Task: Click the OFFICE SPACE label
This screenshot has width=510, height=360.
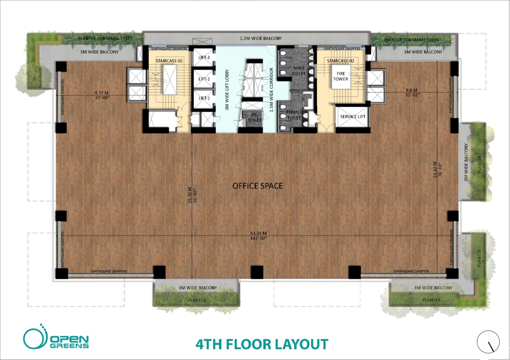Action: pyautogui.click(x=258, y=186)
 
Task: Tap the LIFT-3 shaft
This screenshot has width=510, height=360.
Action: pyautogui.click(x=204, y=58)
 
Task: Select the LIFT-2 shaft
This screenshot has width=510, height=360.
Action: pyautogui.click(x=204, y=79)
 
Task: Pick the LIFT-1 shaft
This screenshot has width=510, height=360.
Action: pyautogui.click(x=204, y=98)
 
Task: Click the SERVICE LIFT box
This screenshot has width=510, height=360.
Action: pyautogui.click(x=353, y=117)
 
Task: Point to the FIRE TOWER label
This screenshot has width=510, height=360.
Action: pyautogui.click(x=341, y=76)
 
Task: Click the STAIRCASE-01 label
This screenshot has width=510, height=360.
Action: pyautogui.click(x=169, y=61)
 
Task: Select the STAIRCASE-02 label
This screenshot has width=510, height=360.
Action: pyautogui.click(x=340, y=61)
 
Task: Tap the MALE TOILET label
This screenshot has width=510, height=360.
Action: pyautogui.click(x=299, y=70)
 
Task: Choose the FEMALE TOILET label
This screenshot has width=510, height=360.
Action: pyautogui.click(x=294, y=115)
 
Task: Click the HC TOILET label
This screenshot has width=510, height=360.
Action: pyautogui.click(x=255, y=117)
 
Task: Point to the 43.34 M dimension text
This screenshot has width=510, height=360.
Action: pyautogui.click(x=259, y=233)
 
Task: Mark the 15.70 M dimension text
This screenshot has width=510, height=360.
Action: pyautogui.click(x=190, y=195)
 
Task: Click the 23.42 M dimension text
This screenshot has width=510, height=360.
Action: pyautogui.click(x=435, y=170)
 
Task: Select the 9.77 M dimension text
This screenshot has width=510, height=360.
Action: pyautogui.click(x=102, y=93)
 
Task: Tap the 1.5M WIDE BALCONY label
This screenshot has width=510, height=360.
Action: pyautogui.click(x=261, y=38)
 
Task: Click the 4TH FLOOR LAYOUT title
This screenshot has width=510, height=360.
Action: pyautogui.click(x=262, y=344)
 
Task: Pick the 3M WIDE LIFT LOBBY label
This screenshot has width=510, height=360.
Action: pyautogui.click(x=227, y=90)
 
